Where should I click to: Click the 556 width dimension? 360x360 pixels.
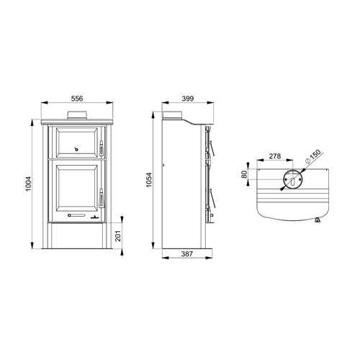tap(77, 99)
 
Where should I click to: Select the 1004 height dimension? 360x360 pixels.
tap(29, 184)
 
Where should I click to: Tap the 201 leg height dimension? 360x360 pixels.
tap(118, 236)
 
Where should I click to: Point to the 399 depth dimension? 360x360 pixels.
tap(188, 99)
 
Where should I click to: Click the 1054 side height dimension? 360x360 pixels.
tap(149, 180)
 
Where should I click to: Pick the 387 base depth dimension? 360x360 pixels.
tap(187, 253)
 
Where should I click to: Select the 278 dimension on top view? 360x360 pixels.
tap(275, 156)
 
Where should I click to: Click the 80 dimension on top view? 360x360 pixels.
tap(244, 174)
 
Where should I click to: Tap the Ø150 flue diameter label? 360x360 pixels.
tap(313, 156)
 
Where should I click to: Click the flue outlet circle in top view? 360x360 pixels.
tap(284, 179)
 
